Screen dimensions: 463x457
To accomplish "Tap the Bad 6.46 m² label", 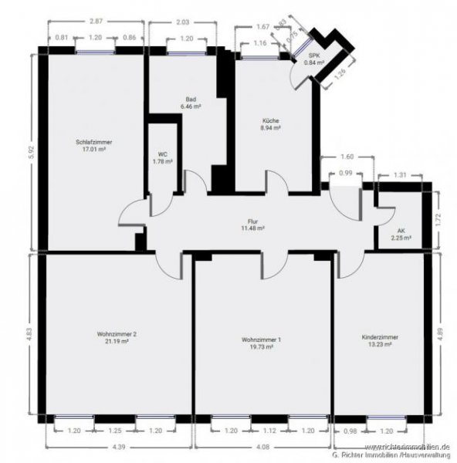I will [190, 103].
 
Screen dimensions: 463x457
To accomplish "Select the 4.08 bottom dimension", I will [262, 446].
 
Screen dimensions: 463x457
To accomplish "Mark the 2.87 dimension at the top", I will [96, 21].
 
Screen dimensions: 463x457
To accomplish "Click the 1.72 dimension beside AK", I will [436, 218].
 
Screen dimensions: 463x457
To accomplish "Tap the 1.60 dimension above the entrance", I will [347, 157].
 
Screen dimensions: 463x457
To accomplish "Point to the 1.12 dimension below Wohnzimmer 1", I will [262, 431].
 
